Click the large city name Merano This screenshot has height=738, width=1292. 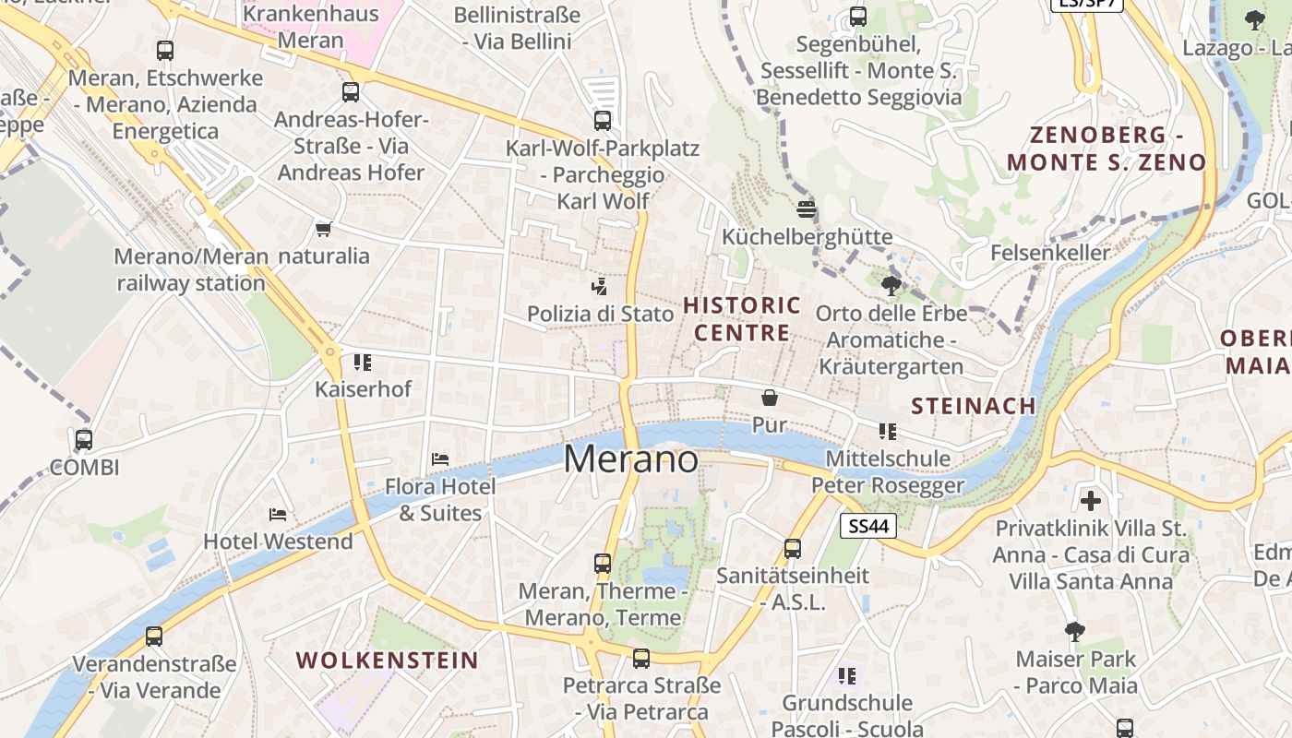[x=631, y=458]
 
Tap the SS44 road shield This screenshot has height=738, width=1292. [x=868, y=526]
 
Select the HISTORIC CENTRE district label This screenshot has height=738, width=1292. [x=742, y=318]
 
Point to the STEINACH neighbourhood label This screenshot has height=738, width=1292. [x=974, y=406]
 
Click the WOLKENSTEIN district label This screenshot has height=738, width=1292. [x=388, y=661]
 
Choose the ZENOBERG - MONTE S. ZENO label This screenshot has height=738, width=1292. [x=1107, y=149]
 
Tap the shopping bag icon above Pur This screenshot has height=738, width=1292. [x=770, y=398]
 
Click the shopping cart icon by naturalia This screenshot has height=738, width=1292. [x=323, y=229]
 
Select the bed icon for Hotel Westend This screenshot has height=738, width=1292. [x=278, y=514]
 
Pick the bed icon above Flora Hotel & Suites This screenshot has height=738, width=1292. [x=440, y=458]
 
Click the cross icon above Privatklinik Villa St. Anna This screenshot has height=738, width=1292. [x=1091, y=501]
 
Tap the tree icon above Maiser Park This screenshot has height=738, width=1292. [x=1074, y=631]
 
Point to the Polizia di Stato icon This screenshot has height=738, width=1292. [x=600, y=286]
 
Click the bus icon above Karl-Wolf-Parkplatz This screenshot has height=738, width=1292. [x=603, y=120]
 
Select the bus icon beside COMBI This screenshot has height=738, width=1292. [x=84, y=439]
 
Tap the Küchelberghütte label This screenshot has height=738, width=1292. [x=807, y=237]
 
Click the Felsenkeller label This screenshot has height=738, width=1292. [x=1050, y=253]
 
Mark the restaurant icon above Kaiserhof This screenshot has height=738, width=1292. [x=363, y=362]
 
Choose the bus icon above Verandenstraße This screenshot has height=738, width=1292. [x=154, y=636]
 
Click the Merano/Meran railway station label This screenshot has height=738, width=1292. [x=191, y=269]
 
